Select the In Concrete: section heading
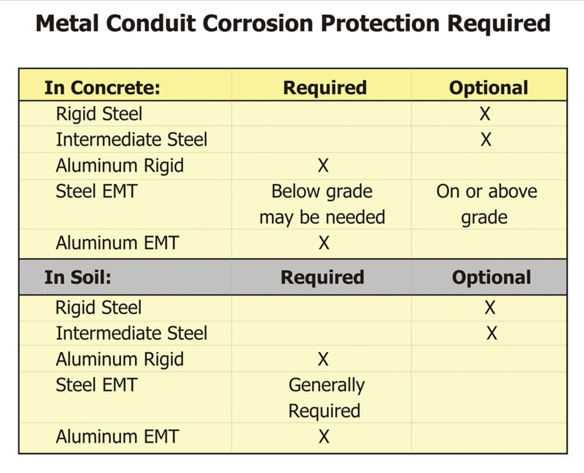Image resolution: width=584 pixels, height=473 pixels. coord(103,87)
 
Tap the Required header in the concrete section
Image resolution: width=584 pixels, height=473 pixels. coord(325,87)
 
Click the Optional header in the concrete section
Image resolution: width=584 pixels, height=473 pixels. coord(488,87)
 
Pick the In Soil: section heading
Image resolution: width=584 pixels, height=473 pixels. coord(78,277)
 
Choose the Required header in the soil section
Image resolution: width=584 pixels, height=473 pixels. coord(322,277)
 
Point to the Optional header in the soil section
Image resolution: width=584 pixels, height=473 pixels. coord(491,277)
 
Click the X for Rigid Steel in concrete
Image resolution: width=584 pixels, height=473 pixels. coord(485,114)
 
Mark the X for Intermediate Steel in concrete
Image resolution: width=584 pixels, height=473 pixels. coord(485,139)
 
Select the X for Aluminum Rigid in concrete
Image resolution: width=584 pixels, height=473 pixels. coord(323,166)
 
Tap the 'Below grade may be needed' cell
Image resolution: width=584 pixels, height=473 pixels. coord(322,204)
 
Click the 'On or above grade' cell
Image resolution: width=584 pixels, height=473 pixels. coord(486,204)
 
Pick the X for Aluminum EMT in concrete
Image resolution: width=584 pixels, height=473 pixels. coord(324,243)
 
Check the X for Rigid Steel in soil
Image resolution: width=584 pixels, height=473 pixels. coord(489,308)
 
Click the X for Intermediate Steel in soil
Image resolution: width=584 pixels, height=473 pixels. coord(492,333)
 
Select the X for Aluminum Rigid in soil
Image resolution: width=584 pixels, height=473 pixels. coord(323,359)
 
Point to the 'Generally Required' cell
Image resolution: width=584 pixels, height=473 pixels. coord(326,398)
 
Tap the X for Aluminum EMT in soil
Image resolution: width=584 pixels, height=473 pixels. coord(324,437)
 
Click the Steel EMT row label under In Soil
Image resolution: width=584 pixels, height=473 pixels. coord(96,385)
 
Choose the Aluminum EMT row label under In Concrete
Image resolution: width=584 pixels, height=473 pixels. coord(117,243)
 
